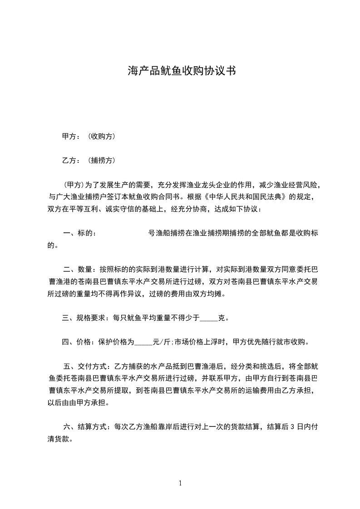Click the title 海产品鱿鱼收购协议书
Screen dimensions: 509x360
click(181, 71)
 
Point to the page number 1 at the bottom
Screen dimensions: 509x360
click(180, 483)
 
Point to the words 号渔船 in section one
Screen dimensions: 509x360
click(159, 234)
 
